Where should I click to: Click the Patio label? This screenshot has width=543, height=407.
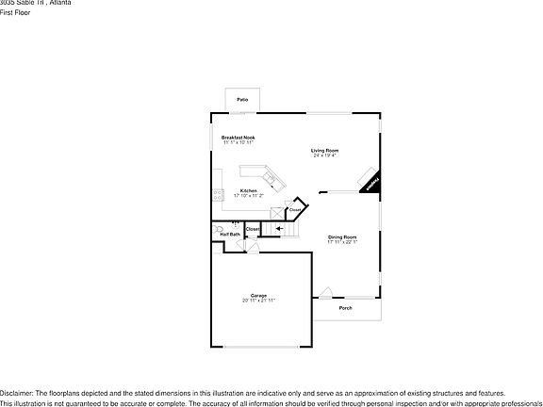tap(242, 99)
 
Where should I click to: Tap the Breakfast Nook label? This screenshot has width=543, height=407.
tap(239, 138)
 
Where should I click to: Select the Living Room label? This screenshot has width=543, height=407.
tap(325, 151)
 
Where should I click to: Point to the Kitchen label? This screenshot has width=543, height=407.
tap(249, 190)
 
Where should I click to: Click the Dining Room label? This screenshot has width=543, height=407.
tap(342, 236)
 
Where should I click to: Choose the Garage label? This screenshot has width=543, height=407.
tap(258, 295)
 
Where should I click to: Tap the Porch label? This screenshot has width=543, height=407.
tap(345, 308)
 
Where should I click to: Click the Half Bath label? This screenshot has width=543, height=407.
tap(230, 235)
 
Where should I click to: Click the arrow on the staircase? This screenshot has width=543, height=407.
tap(278, 228)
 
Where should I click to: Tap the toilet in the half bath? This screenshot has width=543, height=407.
tap(217, 229)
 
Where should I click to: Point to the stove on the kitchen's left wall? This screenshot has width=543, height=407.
tap(217, 195)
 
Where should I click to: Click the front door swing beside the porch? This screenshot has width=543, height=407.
tap(325, 293)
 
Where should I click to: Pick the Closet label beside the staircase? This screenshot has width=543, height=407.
tap(253, 229)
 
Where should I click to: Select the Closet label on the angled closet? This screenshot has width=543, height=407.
tap(295, 209)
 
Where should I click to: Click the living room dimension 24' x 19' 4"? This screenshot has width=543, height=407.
tap(325, 156)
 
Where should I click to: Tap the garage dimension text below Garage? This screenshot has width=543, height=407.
tap(258, 301)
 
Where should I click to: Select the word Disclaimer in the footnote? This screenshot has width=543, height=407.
tap(16, 392)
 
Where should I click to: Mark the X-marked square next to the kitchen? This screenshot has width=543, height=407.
tap(276, 213)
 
